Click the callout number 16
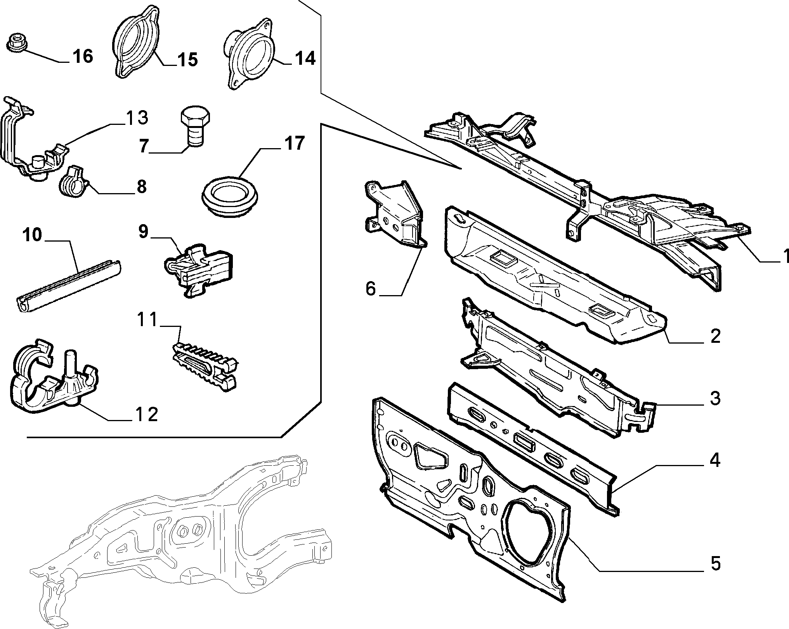click(83, 57)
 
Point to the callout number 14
click(305, 59)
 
